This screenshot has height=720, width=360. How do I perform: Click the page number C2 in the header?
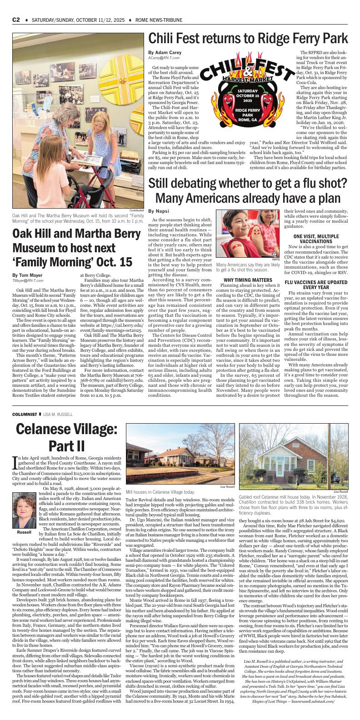click(x=16, y=20)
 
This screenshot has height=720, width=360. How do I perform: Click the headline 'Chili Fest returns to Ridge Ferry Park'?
click(x=248, y=38)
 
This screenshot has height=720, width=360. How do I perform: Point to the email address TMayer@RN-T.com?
click(x=27, y=281)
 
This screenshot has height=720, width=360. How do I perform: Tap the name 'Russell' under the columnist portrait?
click(x=24, y=532)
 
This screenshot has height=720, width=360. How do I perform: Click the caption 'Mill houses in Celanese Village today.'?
click(x=160, y=492)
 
